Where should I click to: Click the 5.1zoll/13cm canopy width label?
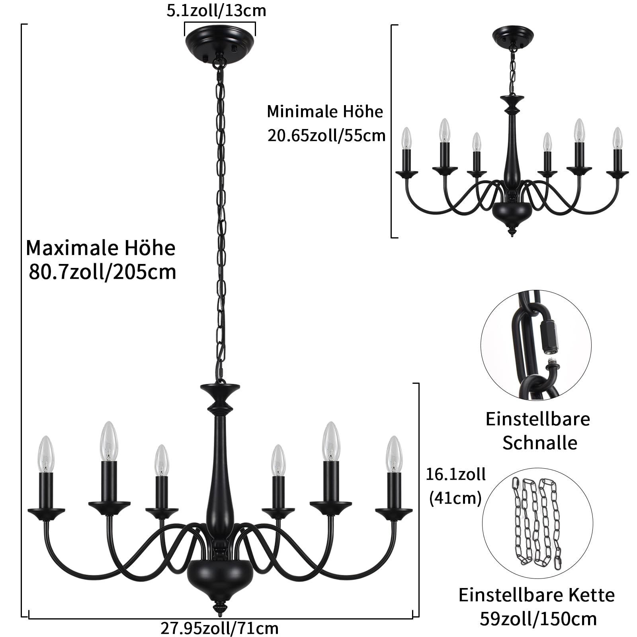(216, 11)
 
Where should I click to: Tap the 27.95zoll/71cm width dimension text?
(219, 628)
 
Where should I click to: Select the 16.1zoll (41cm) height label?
(455, 486)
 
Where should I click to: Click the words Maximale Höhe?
(101, 248)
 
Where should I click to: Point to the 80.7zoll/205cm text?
(102, 272)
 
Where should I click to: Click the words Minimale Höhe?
(324, 111)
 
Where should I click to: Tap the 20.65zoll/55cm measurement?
(326, 136)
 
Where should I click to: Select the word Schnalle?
(539, 443)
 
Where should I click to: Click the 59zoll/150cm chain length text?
(538, 619)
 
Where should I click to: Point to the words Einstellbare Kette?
(536, 595)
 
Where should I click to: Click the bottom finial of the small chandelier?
(512, 231)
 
